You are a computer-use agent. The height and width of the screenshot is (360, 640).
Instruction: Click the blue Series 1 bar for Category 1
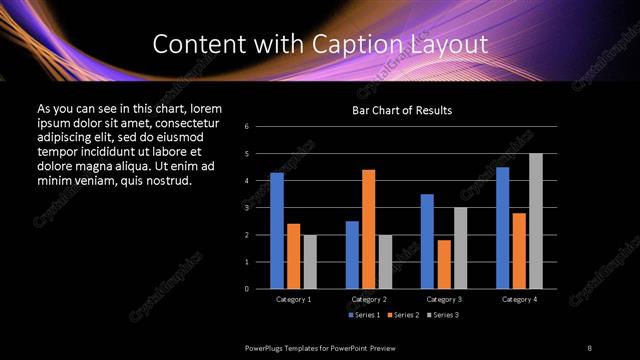click(x=277, y=231)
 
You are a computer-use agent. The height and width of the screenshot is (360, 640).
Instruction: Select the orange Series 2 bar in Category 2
click(x=369, y=229)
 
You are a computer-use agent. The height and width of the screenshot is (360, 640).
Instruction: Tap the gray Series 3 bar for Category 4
click(x=536, y=221)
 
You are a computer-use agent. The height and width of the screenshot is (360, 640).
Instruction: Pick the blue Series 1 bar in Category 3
click(x=427, y=241)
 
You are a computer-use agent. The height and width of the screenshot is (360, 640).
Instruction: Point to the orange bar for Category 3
click(x=444, y=264)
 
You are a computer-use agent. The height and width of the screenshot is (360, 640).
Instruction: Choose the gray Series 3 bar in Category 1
click(x=310, y=262)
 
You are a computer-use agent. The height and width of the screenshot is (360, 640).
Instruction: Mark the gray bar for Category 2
click(x=385, y=262)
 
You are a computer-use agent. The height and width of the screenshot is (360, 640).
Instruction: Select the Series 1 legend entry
click(x=364, y=315)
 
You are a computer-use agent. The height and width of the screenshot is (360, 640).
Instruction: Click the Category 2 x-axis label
click(x=369, y=299)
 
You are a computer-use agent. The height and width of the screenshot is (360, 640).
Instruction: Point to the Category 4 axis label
click(x=519, y=299)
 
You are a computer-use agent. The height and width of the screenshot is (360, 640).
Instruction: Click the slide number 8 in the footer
click(x=589, y=347)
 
